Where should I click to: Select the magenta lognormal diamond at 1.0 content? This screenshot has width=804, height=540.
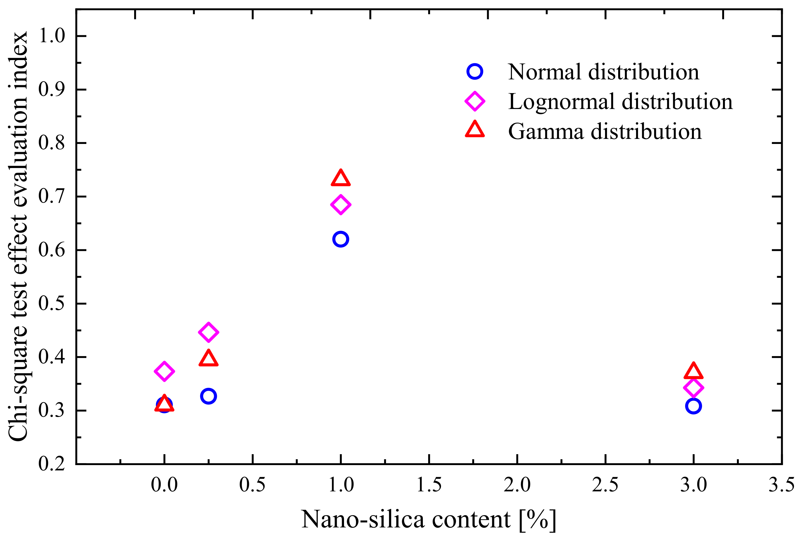point(341,205)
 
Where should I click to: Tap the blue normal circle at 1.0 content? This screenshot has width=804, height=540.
point(341,239)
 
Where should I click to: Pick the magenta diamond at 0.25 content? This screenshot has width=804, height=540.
point(208,332)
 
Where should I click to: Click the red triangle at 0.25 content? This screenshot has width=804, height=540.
point(208,359)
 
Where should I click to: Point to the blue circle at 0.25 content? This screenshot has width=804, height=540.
point(208,396)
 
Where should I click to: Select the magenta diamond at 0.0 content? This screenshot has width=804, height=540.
point(164,371)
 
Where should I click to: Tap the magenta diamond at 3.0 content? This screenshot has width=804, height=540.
point(693,388)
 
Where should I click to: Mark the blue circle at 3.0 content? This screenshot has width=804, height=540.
point(693,406)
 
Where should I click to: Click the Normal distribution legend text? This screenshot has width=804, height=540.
point(603,72)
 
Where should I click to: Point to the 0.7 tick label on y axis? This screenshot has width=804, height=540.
point(51,197)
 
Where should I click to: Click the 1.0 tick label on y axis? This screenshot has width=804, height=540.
point(51,36)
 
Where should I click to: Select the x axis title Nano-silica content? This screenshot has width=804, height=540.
point(428,519)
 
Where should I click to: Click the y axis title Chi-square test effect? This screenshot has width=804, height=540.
point(18,236)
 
